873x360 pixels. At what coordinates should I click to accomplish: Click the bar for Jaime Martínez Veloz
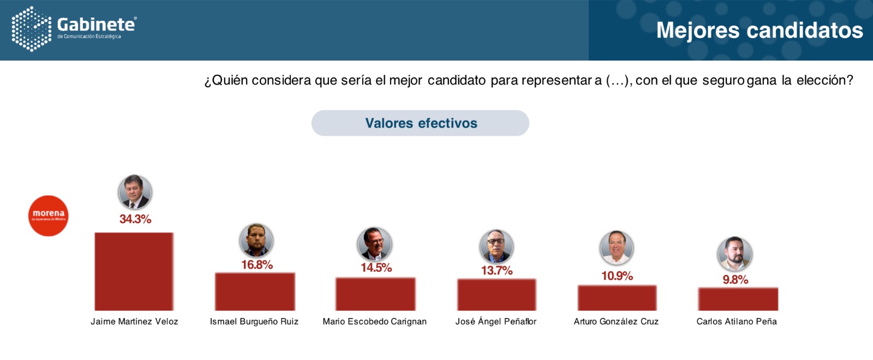point(134,272)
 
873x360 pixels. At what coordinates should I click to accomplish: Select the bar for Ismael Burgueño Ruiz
point(255,291)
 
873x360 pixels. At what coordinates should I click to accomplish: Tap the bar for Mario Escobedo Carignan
point(375,294)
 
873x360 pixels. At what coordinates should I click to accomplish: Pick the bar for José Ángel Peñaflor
point(497,295)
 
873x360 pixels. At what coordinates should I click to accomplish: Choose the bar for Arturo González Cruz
point(617,298)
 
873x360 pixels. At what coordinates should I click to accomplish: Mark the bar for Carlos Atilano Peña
point(738,299)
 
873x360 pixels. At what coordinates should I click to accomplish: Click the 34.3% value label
point(135,219)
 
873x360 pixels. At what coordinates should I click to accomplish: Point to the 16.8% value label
point(257,265)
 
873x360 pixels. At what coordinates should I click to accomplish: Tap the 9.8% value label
point(736,280)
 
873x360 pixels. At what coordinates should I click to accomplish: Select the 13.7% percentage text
point(497,271)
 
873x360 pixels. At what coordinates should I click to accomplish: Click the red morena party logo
point(49,215)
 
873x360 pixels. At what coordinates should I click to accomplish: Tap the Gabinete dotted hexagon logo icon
point(31,29)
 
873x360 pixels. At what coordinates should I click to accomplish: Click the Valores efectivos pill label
point(420,123)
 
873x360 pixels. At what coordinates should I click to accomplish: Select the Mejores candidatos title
point(760,31)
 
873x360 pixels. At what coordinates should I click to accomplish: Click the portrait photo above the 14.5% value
point(374,244)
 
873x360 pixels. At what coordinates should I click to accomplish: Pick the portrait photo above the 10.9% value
point(617,248)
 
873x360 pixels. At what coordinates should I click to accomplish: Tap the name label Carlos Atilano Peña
point(737,322)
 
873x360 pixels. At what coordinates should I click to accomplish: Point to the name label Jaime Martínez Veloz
point(134,322)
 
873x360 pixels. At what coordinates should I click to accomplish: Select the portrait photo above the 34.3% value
point(135,192)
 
